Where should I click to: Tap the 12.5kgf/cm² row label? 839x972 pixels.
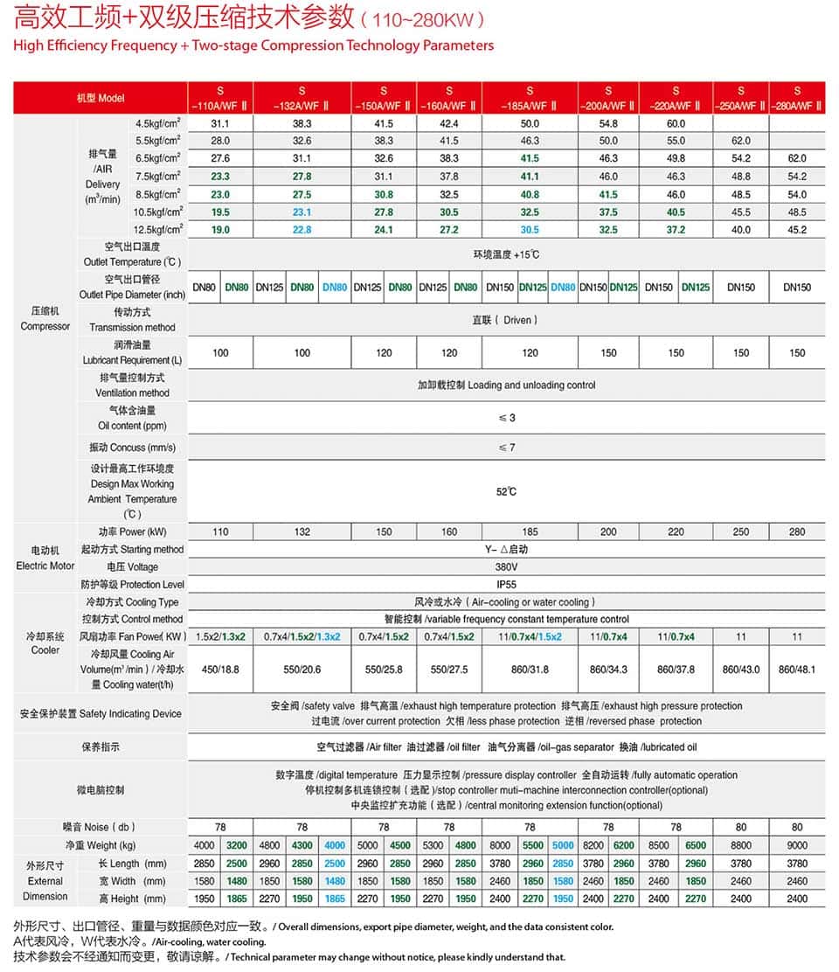158,230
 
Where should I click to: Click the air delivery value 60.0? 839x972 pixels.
676,124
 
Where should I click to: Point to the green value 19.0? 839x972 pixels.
220,230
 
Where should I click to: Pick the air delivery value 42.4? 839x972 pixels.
449,124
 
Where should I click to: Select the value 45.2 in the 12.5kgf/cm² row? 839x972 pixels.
797,230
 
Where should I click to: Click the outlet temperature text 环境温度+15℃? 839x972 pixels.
506,254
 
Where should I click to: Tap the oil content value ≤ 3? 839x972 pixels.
506,418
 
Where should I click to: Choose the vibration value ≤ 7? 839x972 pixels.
506,448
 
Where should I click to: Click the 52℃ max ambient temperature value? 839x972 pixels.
506,492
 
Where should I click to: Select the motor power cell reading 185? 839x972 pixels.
530,531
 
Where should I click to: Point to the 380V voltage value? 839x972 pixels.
506,566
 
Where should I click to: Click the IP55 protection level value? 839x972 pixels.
506,584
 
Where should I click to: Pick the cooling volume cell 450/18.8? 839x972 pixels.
220,669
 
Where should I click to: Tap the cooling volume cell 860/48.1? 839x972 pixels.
797,669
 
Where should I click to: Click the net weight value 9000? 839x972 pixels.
797,845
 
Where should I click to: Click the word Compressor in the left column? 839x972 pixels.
45,326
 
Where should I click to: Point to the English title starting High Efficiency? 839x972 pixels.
253,45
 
